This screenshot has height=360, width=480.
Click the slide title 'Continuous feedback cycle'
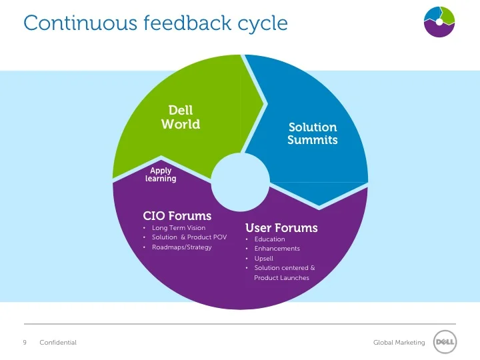pos(155,23)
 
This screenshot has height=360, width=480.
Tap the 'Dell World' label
pos(181,117)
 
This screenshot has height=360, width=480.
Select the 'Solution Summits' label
pos(312,133)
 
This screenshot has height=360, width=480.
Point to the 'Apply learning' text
pos(161,175)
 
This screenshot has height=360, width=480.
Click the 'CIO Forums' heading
pos(177,216)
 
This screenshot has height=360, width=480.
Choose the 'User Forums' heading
pos(281,228)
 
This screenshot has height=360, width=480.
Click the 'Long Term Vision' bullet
pos(179,228)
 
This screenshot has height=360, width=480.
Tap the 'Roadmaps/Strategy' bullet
pos(181,247)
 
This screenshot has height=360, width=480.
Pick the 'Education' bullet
pos(269,239)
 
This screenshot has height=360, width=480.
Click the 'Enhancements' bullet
pos(277,249)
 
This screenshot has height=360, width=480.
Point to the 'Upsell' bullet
pos(263,259)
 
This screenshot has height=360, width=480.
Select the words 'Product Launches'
pos(281,278)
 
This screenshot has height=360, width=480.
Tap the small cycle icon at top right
pos(439,22)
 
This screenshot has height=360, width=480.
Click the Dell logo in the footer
pos(445,343)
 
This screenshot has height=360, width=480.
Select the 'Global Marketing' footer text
pos(399,343)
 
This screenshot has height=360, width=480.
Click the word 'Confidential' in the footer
pos(58,343)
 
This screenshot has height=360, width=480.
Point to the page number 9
pos(25,343)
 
